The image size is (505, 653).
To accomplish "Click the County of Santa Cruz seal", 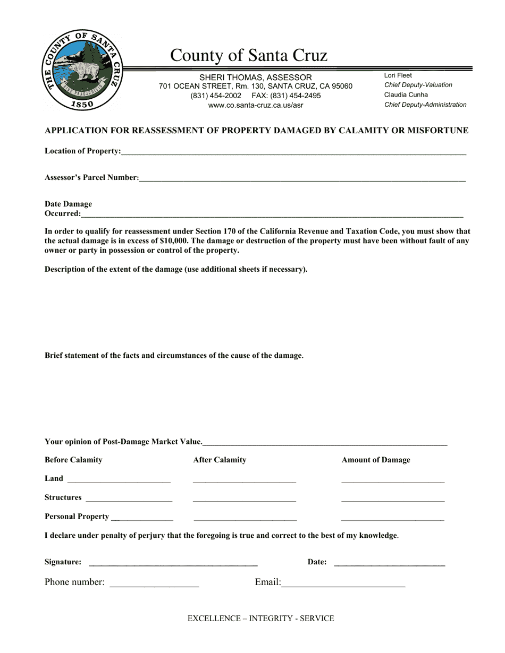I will coord(82,70).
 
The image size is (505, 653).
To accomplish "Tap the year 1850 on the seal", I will coord(82,105).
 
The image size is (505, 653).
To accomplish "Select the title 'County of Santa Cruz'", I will coord(248,55).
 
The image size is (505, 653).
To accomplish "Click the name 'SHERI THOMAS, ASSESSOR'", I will coord(255,78).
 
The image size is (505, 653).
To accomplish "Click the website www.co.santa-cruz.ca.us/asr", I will coord(255,106).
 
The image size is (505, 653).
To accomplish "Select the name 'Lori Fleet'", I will coord(398,75).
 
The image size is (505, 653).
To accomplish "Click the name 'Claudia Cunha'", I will coord(406,95).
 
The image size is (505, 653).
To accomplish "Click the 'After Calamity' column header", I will coord(220,460).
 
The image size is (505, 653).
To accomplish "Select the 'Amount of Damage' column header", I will coord(375,460).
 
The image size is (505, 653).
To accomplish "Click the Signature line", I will coord(173,563).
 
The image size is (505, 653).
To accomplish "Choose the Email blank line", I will coord(343,583).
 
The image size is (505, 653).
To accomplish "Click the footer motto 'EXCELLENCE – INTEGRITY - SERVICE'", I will coord(260,618).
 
